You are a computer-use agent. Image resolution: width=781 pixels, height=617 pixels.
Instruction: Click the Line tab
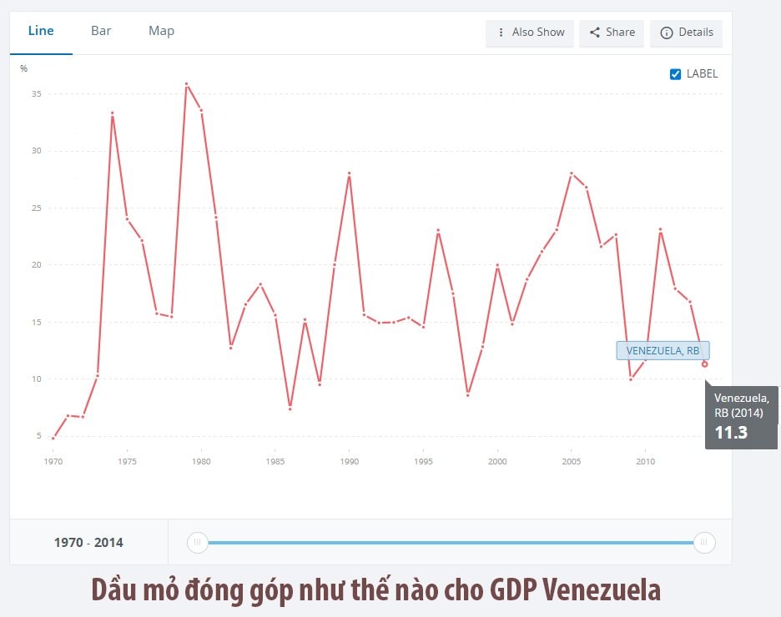pos(41,31)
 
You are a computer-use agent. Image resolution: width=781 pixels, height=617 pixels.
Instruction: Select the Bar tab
pos(101,31)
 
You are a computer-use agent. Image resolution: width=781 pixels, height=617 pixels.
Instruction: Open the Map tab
pos(161,31)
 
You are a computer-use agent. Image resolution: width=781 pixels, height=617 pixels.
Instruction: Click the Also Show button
pos(530,33)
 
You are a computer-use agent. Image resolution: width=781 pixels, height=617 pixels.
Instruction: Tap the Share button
pos(612,33)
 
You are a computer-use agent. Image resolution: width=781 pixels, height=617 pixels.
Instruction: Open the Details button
pos(686,33)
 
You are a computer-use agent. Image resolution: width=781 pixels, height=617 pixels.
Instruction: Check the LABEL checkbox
pos(676,74)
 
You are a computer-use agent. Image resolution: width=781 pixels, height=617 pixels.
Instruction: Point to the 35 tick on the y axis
pos(36,94)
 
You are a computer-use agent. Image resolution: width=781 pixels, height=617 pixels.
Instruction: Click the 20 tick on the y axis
pos(36,265)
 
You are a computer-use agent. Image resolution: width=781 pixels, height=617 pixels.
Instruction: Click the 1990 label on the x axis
pos(350,461)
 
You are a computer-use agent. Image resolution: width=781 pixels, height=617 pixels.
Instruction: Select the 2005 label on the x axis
pos(572,461)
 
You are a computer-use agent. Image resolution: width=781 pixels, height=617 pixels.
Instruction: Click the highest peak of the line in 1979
pos(186,83)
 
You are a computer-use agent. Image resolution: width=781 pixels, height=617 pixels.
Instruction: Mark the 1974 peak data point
pos(112,113)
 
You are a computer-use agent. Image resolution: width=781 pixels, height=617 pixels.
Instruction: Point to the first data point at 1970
pos(53,438)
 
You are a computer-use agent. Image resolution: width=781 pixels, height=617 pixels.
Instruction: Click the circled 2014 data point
pos(705,364)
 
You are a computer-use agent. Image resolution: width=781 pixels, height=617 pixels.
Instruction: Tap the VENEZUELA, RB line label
pos(663,351)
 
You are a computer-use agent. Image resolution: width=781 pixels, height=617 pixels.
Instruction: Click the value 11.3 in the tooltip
pos(731,432)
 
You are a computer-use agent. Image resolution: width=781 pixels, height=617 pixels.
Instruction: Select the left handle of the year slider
pos(197,543)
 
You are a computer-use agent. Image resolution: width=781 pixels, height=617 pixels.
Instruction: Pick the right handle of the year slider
pos(704,543)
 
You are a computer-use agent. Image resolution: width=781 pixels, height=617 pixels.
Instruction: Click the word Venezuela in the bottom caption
pos(602,589)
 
